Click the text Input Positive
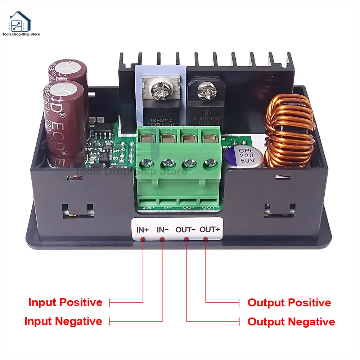65,302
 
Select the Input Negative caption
63,321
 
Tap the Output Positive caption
289,303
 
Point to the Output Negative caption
291,321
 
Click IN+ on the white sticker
143,229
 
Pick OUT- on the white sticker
185,229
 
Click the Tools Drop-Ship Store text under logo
21,35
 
